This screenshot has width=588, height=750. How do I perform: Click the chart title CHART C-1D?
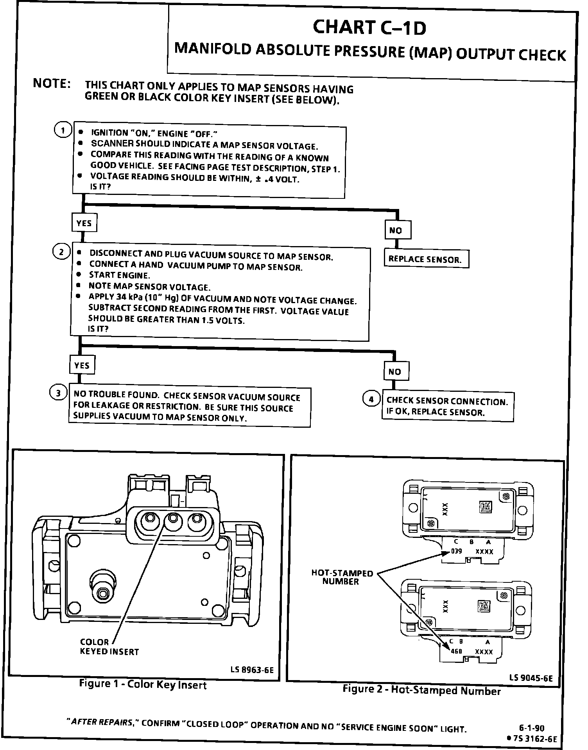[369, 28]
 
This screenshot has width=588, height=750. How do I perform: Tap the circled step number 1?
[63, 130]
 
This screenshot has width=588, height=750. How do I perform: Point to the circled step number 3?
[58, 393]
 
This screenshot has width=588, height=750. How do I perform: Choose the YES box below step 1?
[84, 223]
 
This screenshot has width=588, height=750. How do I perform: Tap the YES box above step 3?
[82, 365]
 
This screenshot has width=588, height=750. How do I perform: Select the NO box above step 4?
[396, 371]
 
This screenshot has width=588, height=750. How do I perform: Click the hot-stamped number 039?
[456, 551]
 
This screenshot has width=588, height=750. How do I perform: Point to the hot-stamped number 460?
[456, 651]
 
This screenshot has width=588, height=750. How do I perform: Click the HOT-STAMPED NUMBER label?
[342, 577]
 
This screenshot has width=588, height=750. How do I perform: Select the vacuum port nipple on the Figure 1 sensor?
[102, 593]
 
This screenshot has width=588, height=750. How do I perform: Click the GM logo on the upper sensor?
[485, 507]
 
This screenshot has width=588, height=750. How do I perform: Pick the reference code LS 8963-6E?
[252, 670]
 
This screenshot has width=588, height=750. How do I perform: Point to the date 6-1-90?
[532, 728]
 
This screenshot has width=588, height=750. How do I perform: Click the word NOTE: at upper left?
[52, 84]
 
